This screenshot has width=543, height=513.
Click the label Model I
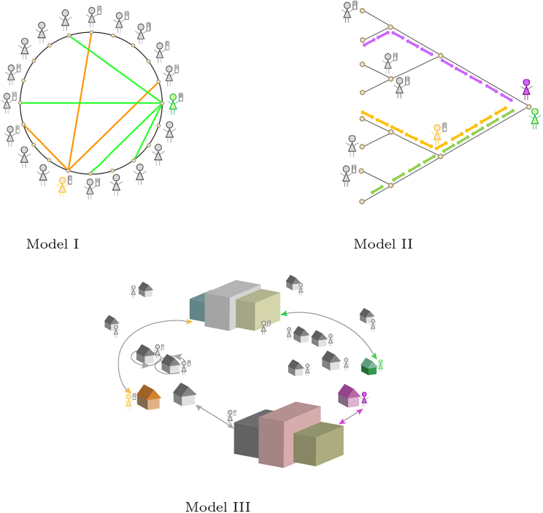coord(53,244)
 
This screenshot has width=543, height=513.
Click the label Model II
coord(382,244)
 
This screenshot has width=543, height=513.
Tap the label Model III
coord(217,506)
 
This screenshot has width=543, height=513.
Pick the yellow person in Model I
coord(63,185)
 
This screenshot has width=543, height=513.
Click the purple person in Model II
coord(526,88)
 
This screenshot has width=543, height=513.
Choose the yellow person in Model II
coord(437,133)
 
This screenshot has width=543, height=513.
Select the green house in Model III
coord(369,366)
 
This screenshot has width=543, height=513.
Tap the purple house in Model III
coord(348,396)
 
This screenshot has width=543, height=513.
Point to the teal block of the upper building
coord(197,308)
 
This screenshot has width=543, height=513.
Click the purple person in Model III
coord(364,398)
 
